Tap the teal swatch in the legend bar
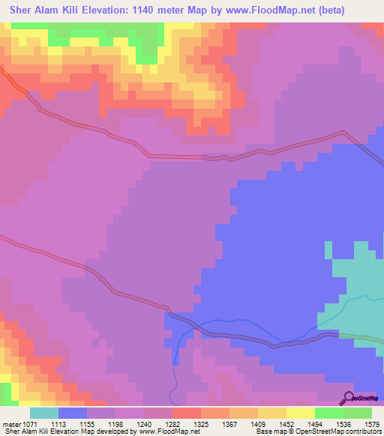(43, 412)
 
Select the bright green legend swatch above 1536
(328, 412)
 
